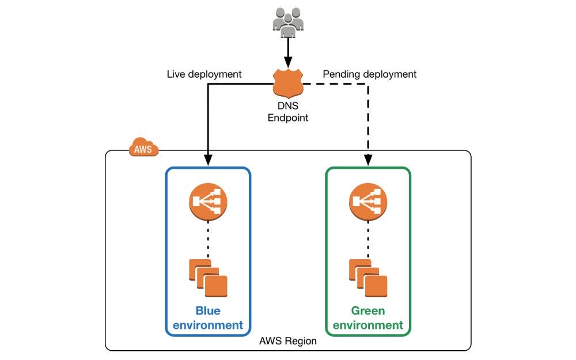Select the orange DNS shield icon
coord(287,84)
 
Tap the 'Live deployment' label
coord(204,74)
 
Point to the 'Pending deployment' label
coord(369,74)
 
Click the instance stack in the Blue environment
coord(208,278)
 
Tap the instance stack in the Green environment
coord(368,278)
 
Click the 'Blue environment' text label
coord(208,318)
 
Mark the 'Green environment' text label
coord(368,318)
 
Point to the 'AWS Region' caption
coord(288,341)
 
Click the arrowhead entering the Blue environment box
coord(208,161)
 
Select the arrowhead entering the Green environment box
coord(368,161)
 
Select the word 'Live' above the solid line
coord(176,74)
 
